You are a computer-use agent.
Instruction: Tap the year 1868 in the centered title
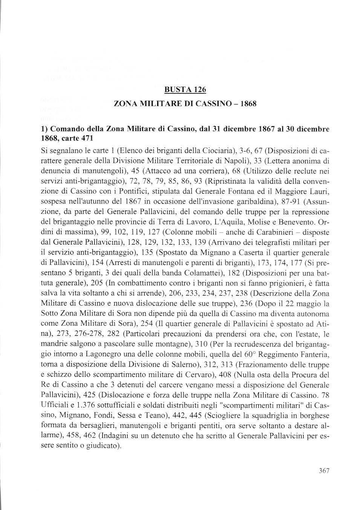pos(247,103)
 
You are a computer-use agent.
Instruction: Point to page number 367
pos(324,470)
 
